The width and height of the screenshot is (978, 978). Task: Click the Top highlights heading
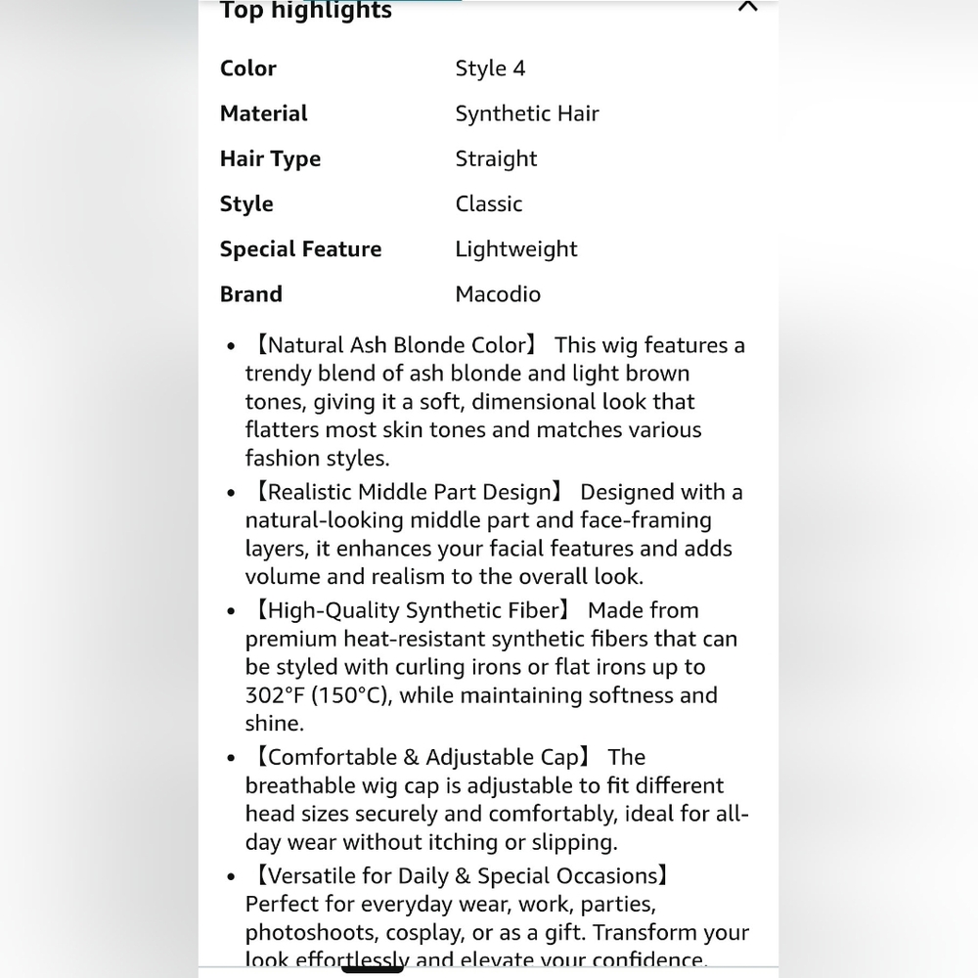[x=305, y=11]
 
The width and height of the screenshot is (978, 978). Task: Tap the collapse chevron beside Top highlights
[x=747, y=7]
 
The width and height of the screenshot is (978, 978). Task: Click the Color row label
[x=248, y=68]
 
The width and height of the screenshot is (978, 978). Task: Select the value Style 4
[x=490, y=68]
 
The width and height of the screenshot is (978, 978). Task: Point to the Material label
[x=264, y=113]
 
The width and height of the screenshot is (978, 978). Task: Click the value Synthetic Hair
[x=527, y=113]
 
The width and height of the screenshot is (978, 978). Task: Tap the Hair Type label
[x=270, y=158]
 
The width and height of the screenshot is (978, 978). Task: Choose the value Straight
[x=496, y=158]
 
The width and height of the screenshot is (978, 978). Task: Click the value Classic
[x=489, y=203]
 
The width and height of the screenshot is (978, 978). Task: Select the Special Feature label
[x=300, y=248]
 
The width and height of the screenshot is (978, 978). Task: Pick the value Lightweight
[x=516, y=248]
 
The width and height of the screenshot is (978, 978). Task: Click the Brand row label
[x=251, y=293]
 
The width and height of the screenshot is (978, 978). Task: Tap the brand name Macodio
[x=498, y=293]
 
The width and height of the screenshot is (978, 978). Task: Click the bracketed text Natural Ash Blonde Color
[x=395, y=345]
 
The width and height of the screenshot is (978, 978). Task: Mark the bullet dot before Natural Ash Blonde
[x=231, y=346]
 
